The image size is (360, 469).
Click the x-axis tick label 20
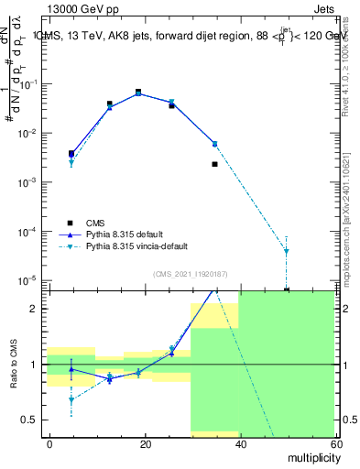point(145,443)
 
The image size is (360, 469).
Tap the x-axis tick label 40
point(239,443)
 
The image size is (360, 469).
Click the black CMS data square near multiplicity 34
point(214,164)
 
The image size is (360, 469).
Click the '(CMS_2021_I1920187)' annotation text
point(191,273)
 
